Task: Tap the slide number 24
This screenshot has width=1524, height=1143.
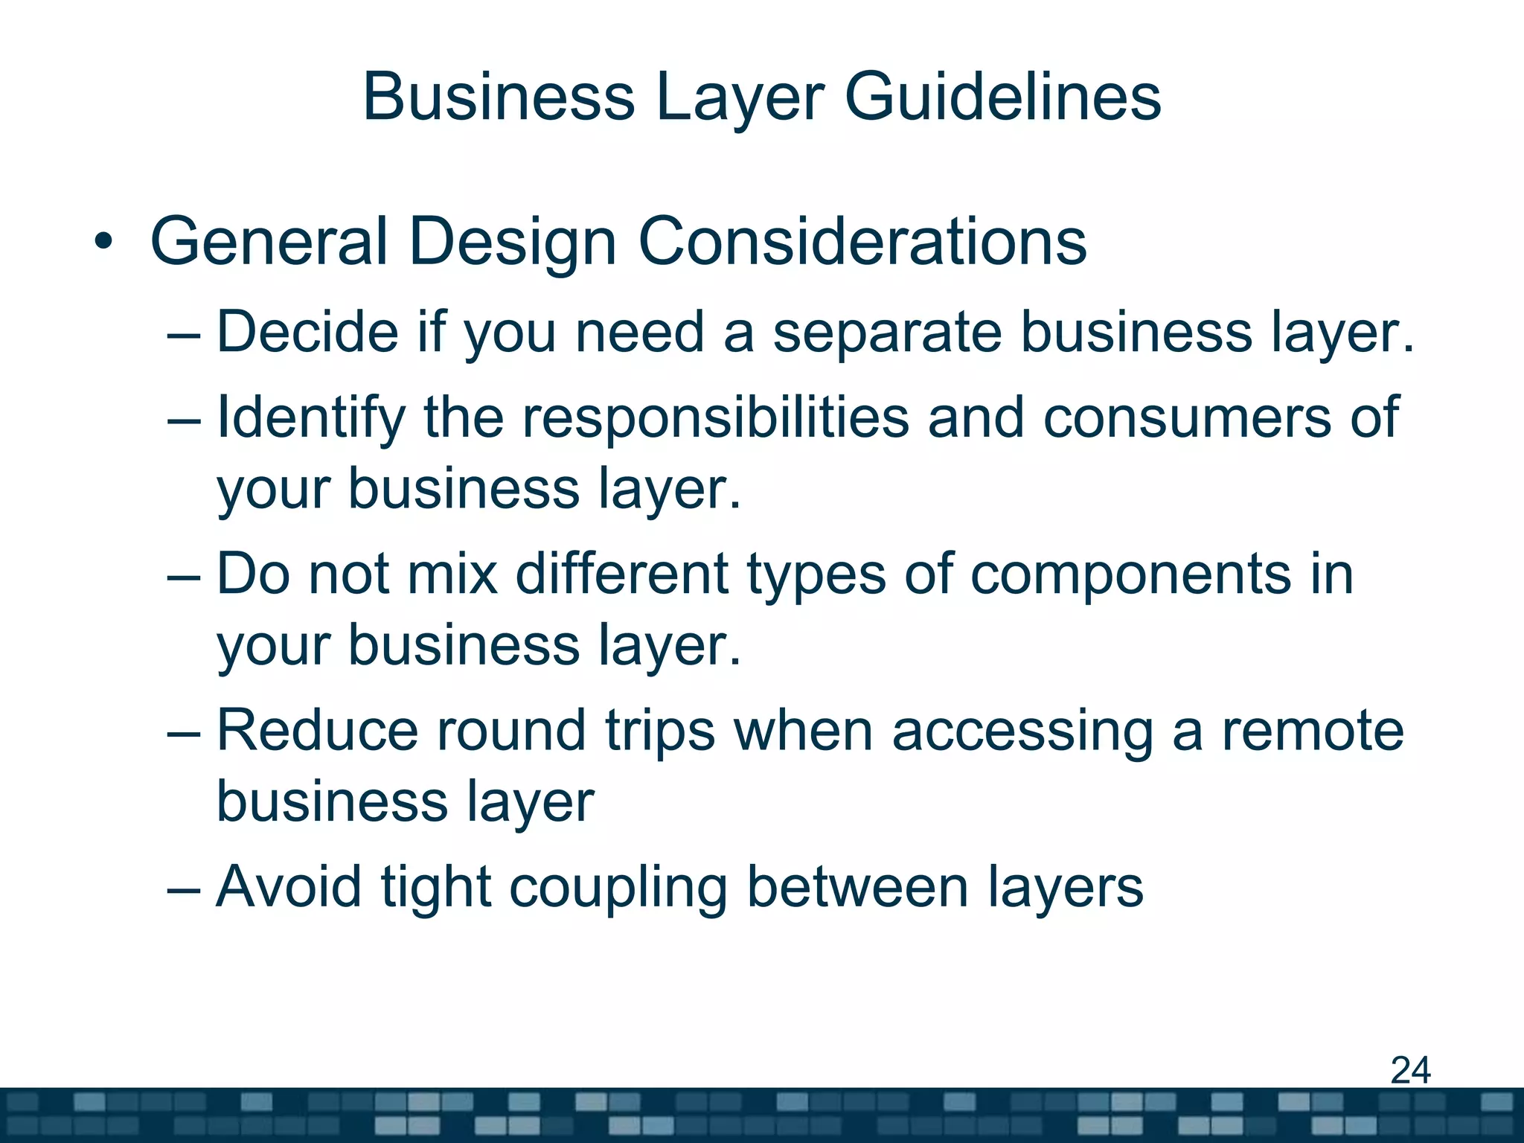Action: click(x=1410, y=1071)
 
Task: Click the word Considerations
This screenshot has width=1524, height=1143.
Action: click(x=862, y=242)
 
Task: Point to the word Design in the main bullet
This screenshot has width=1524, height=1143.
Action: click(x=512, y=242)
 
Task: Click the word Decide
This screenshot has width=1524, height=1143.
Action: click(x=307, y=332)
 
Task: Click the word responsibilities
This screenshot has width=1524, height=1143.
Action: click(x=715, y=417)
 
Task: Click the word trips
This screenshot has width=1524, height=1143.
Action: click(x=660, y=731)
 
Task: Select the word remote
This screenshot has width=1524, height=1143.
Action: click(x=1313, y=731)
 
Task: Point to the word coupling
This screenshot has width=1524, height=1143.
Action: click(x=618, y=887)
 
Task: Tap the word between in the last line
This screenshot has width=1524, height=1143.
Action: click(x=857, y=887)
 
